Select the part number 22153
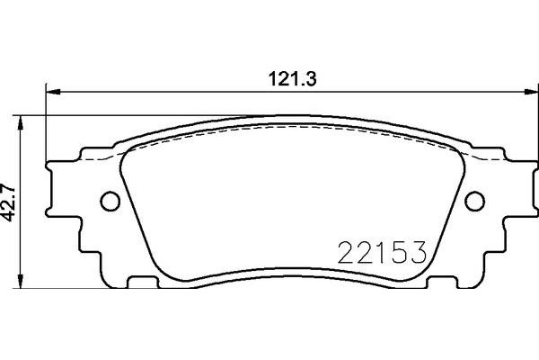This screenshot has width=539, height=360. pyautogui.click(x=381, y=252)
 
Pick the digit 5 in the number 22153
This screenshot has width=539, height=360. pyautogui.click(x=396, y=252)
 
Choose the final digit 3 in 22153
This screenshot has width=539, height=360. pyautogui.click(x=416, y=252)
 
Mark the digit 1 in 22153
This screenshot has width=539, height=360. pyautogui.click(x=378, y=252)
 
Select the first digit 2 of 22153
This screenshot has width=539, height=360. pyautogui.click(x=345, y=252)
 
